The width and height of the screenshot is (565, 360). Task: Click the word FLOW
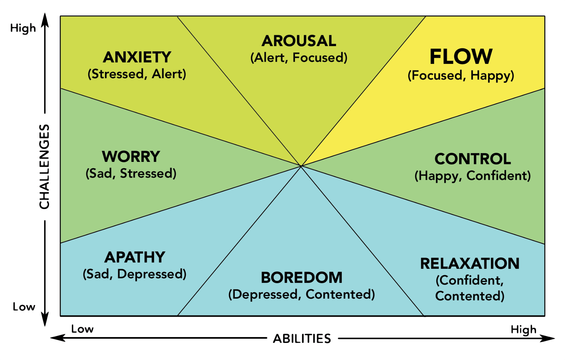tap(461, 57)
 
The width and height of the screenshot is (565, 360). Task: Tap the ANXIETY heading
tap(137, 57)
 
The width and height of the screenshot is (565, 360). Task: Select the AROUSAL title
tap(299, 41)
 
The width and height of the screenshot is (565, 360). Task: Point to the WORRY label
tap(131, 156)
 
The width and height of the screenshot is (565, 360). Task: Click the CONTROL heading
tap(473, 159)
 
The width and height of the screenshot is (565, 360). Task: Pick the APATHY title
tap(135, 257)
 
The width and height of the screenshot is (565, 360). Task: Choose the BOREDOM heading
tap(302, 277)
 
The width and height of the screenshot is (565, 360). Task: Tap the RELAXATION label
tap(470, 263)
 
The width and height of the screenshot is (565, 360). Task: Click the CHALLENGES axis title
tap(44, 166)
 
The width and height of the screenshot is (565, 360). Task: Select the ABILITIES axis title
tap(302, 338)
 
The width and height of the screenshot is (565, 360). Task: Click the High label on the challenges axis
tap(23, 28)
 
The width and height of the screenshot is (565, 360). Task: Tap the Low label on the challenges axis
tap(24, 307)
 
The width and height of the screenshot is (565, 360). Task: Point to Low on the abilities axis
tap(82, 329)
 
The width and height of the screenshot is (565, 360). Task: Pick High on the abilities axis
tap(524, 330)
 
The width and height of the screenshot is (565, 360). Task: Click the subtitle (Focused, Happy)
tap(461, 75)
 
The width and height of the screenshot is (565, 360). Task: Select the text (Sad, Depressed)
tap(135, 274)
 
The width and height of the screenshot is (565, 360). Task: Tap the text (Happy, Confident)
tap(473, 176)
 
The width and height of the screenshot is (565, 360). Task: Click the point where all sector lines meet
tap(301, 166)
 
